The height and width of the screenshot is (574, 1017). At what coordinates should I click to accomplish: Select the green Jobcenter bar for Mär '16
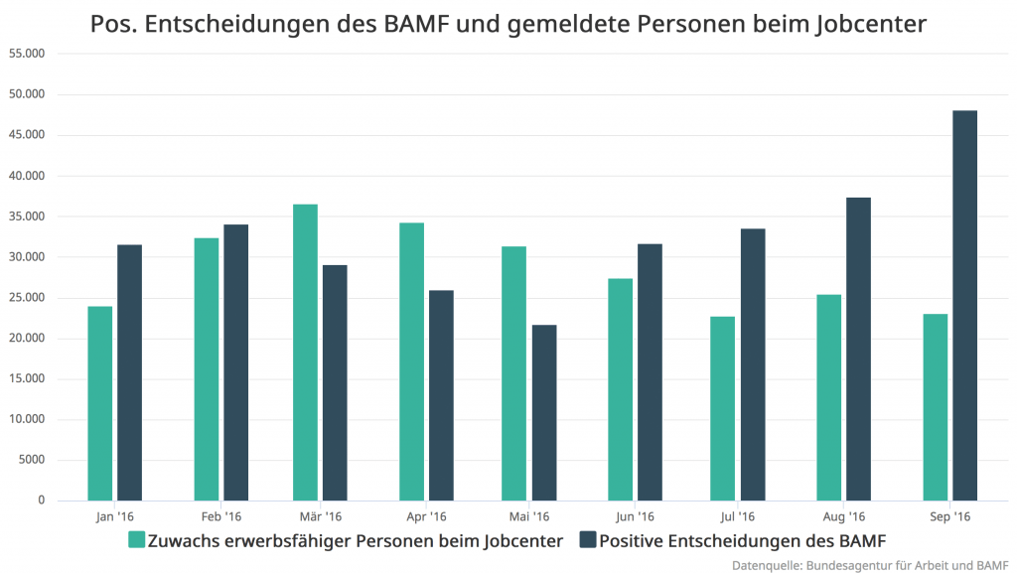click(x=305, y=352)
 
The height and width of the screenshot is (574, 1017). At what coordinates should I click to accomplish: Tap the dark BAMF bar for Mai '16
click(x=543, y=412)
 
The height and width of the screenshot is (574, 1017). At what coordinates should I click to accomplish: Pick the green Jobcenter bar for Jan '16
click(x=99, y=403)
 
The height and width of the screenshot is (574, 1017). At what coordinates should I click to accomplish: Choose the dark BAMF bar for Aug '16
click(x=858, y=349)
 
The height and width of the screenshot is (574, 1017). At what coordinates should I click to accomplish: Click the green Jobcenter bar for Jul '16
click(x=722, y=408)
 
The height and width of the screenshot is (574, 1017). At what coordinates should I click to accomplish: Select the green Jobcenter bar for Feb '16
click(x=207, y=368)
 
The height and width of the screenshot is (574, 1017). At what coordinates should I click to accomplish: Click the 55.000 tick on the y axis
click(x=27, y=54)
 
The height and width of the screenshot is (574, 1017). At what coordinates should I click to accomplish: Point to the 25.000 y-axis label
click(x=27, y=298)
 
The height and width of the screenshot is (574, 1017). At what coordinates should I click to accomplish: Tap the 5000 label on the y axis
click(x=32, y=460)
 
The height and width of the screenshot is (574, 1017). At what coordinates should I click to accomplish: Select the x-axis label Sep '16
click(x=949, y=517)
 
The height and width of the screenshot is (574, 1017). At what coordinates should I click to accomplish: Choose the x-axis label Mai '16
click(x=529, y=517)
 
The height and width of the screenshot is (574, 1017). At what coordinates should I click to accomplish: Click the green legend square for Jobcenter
click(x=137, y=540)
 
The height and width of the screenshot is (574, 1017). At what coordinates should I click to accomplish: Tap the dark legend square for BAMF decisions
click(x=587, y=540)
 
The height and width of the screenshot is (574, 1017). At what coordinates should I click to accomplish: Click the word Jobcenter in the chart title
click(x=867, y=24)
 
